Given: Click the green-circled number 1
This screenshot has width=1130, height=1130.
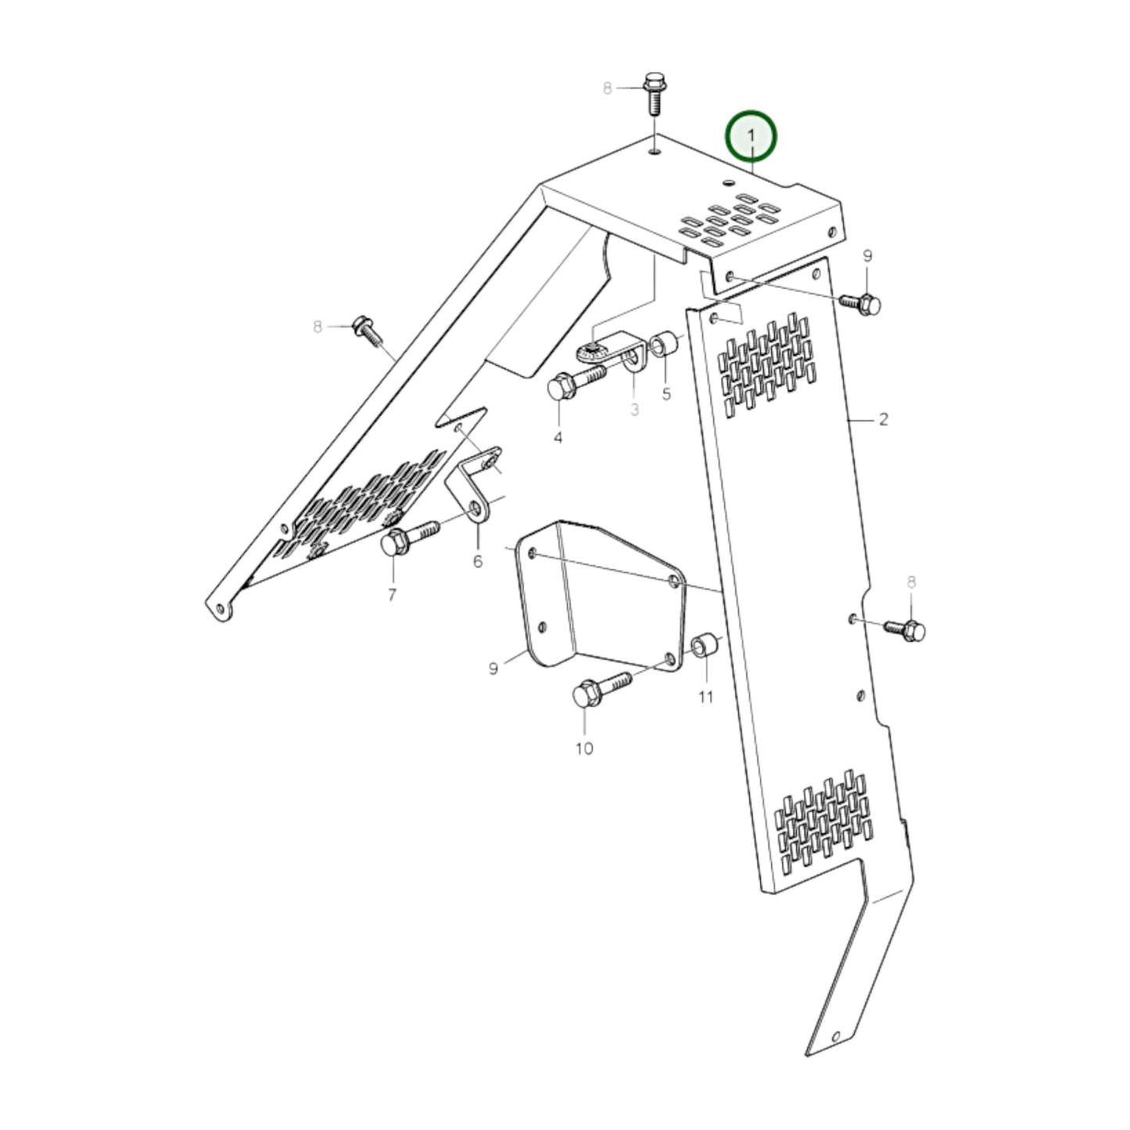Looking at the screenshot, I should click(751, 136).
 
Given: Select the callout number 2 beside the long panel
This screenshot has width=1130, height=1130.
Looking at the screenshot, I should click(883, 420).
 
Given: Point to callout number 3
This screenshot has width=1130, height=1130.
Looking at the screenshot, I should click(634, 409).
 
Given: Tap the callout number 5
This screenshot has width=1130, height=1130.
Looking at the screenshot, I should click(666, 394).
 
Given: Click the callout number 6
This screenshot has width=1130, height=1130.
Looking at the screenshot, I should click(478, 561).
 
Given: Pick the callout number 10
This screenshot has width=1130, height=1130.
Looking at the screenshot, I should click(584, 748).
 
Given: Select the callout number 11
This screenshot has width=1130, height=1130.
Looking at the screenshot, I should click(705, 696).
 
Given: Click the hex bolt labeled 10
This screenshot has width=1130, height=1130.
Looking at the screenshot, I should click(598, 689).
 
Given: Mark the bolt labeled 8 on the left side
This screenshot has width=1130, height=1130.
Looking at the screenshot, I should click(368, 331).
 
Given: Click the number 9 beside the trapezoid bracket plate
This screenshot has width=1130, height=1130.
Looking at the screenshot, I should click(493, 669).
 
